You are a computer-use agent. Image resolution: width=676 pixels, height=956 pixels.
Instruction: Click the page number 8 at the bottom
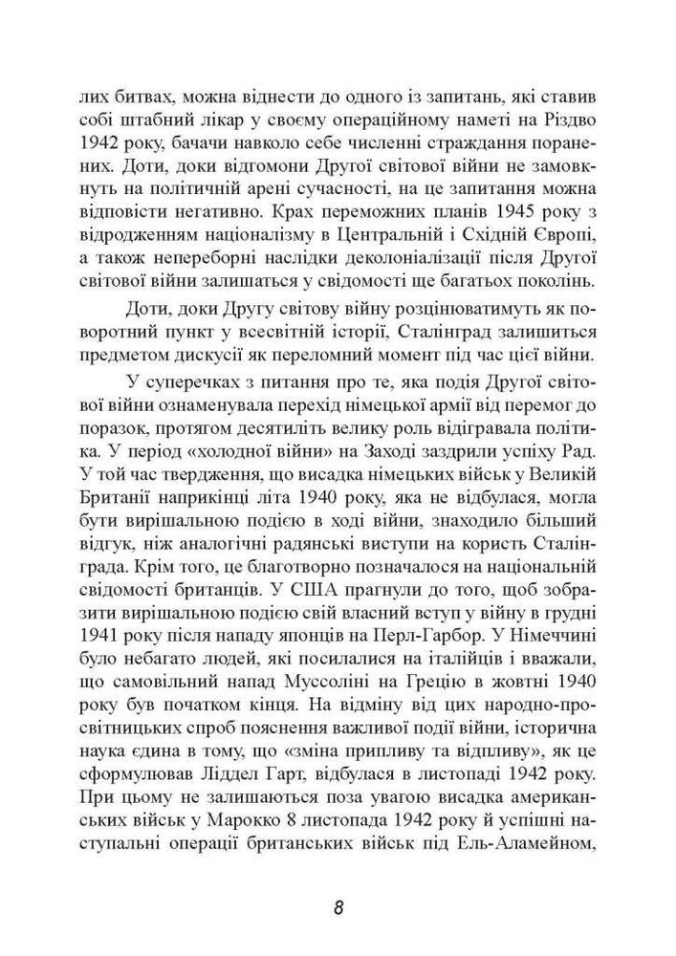click(338, 906)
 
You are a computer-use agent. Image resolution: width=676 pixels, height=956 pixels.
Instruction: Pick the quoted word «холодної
click(273, 475)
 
